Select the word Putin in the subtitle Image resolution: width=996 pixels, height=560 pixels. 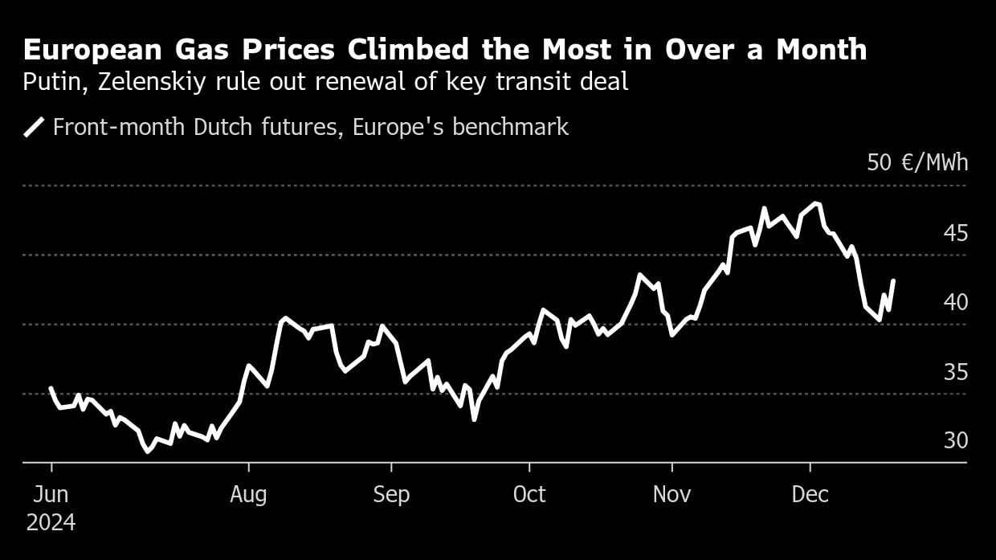point(50,81)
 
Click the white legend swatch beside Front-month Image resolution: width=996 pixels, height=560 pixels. point(34,127)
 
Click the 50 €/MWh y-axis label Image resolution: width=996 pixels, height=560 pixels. point(917,163)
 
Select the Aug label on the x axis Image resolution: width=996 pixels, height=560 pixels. point(248,494)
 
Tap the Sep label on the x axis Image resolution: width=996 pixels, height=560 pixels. point(391,494)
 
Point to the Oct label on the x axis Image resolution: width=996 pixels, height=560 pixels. point(529,494)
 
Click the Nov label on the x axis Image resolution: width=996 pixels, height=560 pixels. point(671,494)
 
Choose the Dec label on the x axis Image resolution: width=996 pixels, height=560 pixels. point(810,494)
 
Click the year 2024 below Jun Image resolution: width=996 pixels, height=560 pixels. point(51,523)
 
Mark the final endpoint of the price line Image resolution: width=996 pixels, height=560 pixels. point(894,280)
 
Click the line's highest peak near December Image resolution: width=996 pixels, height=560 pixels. point(816,203)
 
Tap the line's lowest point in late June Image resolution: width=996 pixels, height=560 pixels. point(147,452)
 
